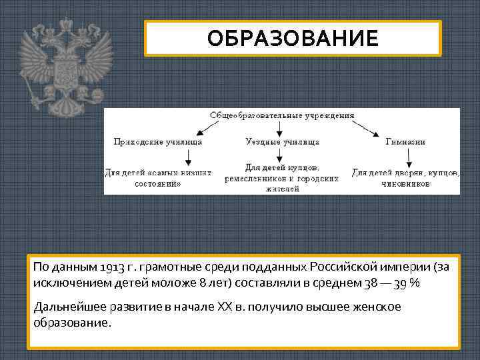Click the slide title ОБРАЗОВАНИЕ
point(293,38)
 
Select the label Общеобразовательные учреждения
point(282,115)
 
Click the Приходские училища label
point(158,141)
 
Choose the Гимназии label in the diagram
point(405,141)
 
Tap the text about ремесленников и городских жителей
point(281,178)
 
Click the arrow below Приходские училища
point(189,157)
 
